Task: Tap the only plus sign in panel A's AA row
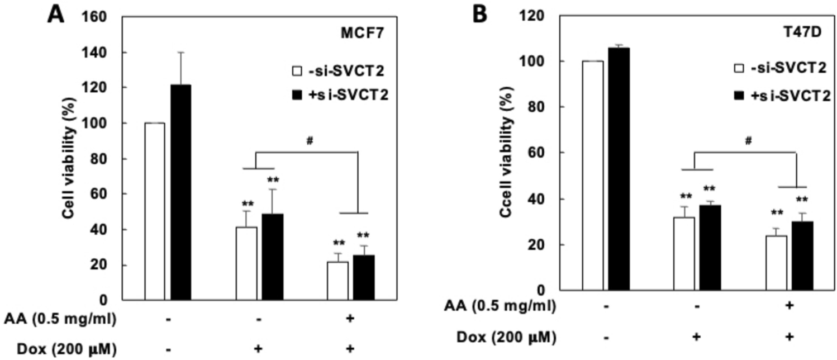coord(350,319)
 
